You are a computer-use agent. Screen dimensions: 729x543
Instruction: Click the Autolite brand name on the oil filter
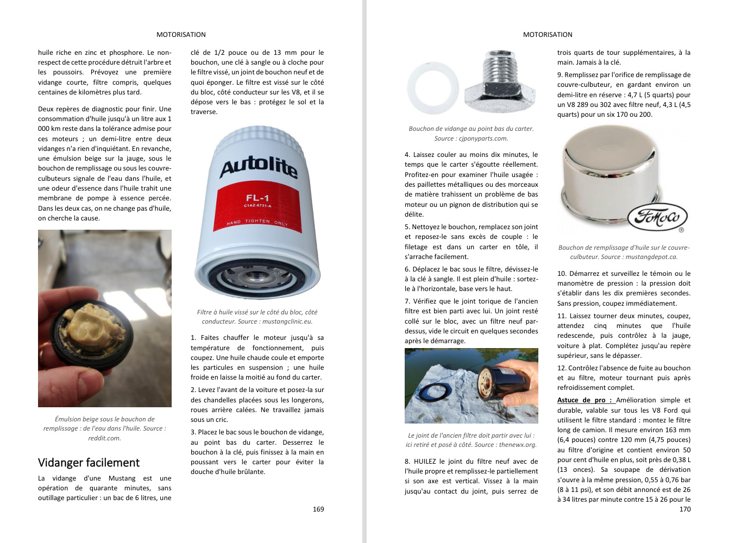click(259, 168)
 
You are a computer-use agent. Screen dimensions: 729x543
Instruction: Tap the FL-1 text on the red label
click(257, 198)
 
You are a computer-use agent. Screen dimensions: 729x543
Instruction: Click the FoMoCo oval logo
click(657, 217)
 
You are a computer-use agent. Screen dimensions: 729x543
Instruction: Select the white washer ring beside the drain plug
click(432, 89)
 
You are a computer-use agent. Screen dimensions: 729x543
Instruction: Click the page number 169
click(318, 509)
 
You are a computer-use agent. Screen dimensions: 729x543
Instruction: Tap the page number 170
click(684, 509)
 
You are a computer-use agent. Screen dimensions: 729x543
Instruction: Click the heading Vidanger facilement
click(89, 463)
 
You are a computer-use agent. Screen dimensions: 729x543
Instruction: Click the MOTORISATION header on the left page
click(181, 35)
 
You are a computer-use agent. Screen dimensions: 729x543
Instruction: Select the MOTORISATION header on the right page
click(548, 35)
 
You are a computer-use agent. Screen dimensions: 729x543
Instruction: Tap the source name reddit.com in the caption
click(104, 438)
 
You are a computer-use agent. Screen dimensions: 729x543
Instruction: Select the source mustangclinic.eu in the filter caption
click(287, 321)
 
